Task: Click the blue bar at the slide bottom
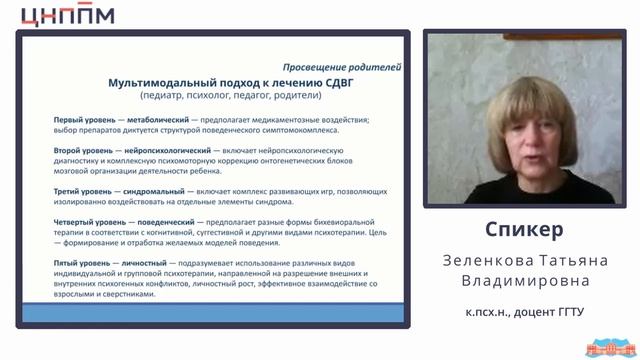tap(226, 313)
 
